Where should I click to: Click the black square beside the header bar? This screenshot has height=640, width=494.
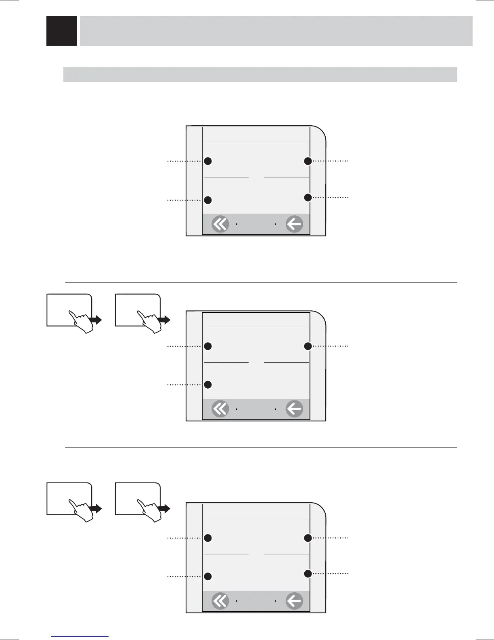[x=62, y=31]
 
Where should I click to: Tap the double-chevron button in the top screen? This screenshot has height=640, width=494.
[x=220, y=224]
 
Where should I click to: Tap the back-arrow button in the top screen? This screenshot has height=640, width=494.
[x=294, y=224]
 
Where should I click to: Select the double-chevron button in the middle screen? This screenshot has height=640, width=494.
[x=220, y=409]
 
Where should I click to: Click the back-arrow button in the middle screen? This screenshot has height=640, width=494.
[x=294, y=409]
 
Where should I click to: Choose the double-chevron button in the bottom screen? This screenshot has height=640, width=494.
[x=220, y=601]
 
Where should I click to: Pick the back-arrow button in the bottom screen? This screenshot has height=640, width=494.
[x=294, y=601]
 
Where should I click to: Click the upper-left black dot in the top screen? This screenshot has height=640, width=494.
[x=208, y=161]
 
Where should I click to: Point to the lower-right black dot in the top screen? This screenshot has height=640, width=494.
[x=308, y=198]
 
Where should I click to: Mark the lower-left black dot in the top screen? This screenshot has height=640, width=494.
[x=208, y=200]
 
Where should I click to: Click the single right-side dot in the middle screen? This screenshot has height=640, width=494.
[x=308, y=346]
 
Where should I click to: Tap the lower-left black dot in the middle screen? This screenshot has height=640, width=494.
[x=208, y=384]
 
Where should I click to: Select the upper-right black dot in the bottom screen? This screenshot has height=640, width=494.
[x=308, y=538]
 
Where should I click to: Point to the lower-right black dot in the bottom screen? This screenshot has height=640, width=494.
[x=308, y=573]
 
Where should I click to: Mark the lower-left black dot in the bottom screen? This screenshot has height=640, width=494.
[x=208, y=576]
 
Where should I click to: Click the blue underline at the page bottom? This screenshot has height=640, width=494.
[x=80, y=636]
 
